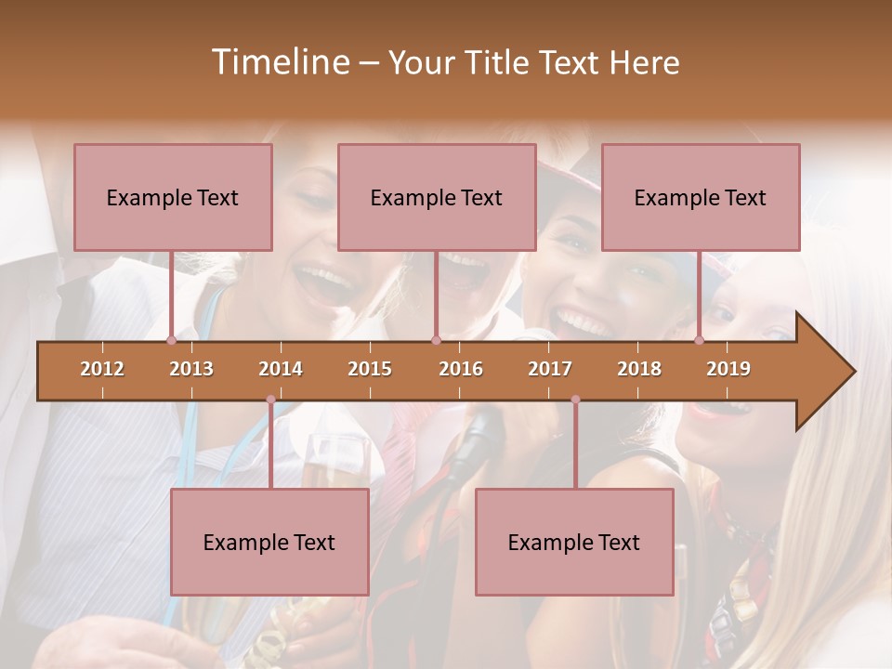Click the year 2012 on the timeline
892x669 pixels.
102,369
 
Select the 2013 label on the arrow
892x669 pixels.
191,369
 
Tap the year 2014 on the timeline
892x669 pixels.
281,369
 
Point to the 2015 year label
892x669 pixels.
370,369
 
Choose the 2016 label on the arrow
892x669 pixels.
461,369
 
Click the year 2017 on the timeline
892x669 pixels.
550,369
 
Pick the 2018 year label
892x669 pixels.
639,369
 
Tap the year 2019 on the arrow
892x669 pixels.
728,369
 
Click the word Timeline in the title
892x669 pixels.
279,62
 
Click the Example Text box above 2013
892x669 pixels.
173,197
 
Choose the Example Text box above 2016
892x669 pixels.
437,197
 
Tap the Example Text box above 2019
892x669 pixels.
701,197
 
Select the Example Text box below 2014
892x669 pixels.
269,542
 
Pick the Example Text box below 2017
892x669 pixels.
574,542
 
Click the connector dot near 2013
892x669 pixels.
171,340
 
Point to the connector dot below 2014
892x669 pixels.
270,400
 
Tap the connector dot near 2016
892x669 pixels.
436,340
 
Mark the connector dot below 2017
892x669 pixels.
575,400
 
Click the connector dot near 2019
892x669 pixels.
700,340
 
